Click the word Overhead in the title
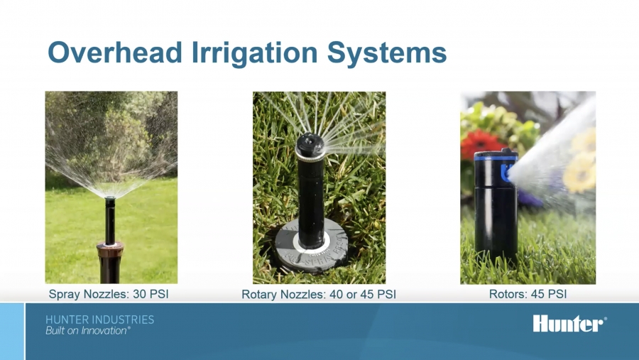115,52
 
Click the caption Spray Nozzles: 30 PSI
109,294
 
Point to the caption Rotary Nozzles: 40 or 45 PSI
319,294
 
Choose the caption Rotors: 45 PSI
528,294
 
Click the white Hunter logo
569,323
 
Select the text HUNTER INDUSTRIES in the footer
100,320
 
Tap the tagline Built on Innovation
88,331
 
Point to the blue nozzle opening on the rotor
506,173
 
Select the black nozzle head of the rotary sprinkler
310,144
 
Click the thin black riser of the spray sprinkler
109,221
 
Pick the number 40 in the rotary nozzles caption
337,294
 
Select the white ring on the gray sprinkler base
312,246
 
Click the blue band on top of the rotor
496,158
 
